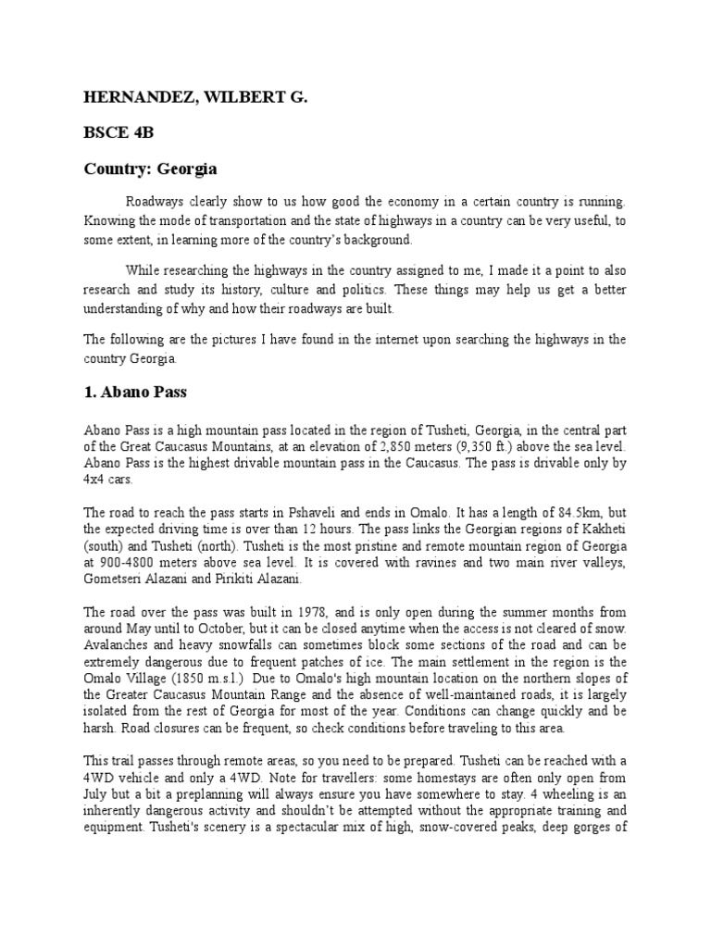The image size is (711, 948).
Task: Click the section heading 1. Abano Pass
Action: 135,392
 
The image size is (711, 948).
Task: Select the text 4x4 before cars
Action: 96,480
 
